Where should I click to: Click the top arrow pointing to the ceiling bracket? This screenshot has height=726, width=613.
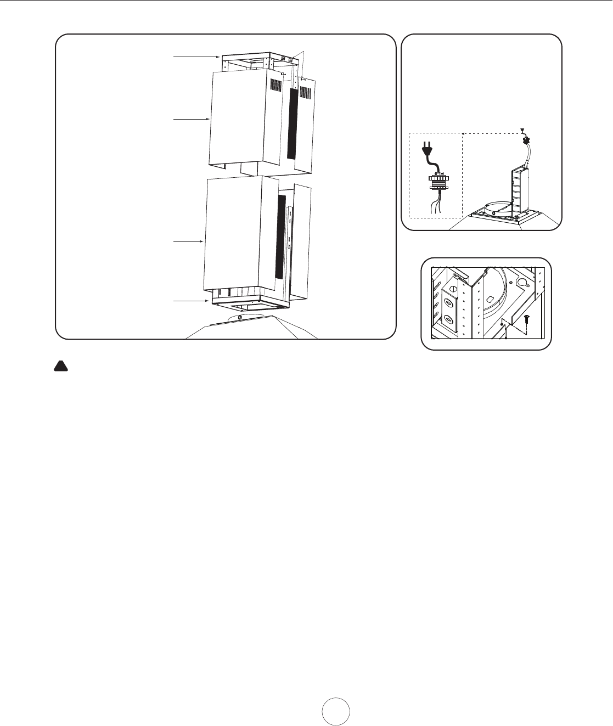click(x=196, y=57)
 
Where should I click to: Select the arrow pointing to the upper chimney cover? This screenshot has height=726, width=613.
click(x=191, y=119)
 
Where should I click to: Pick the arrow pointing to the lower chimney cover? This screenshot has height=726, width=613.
click(x=188, y=241)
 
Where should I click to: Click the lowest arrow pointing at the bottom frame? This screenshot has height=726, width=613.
click(x=192, y=301)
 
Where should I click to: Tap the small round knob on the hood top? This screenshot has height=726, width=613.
click(x=240, y=317)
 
